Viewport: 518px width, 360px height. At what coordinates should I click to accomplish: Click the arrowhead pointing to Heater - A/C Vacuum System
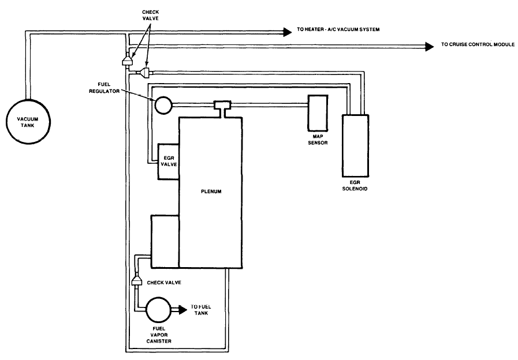pos(287,32)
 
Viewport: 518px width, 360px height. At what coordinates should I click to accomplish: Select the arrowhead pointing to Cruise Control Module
pos(429,47)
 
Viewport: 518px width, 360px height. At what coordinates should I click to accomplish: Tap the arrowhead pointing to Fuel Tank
pos(182,309)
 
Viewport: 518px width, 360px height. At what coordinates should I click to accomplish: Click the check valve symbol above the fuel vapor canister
pos(137,281)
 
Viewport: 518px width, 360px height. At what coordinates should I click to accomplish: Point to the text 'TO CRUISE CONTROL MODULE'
pos(478,44)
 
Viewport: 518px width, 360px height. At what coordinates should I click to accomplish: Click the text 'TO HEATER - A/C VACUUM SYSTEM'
pos(338,29)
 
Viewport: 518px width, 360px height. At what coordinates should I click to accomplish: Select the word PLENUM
pos(211,192)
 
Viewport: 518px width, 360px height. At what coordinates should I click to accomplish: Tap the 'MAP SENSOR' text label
pos(318,140)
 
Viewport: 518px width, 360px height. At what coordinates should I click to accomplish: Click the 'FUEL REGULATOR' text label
pos(104,88)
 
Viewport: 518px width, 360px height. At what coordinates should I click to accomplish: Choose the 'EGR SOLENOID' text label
pos(355,185)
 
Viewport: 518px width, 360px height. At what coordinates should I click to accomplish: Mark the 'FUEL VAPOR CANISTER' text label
pos(159,335)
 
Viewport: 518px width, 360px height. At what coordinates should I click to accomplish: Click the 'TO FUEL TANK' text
pos(201,310)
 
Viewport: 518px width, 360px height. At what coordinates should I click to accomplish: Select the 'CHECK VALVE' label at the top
pos(150,15)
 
